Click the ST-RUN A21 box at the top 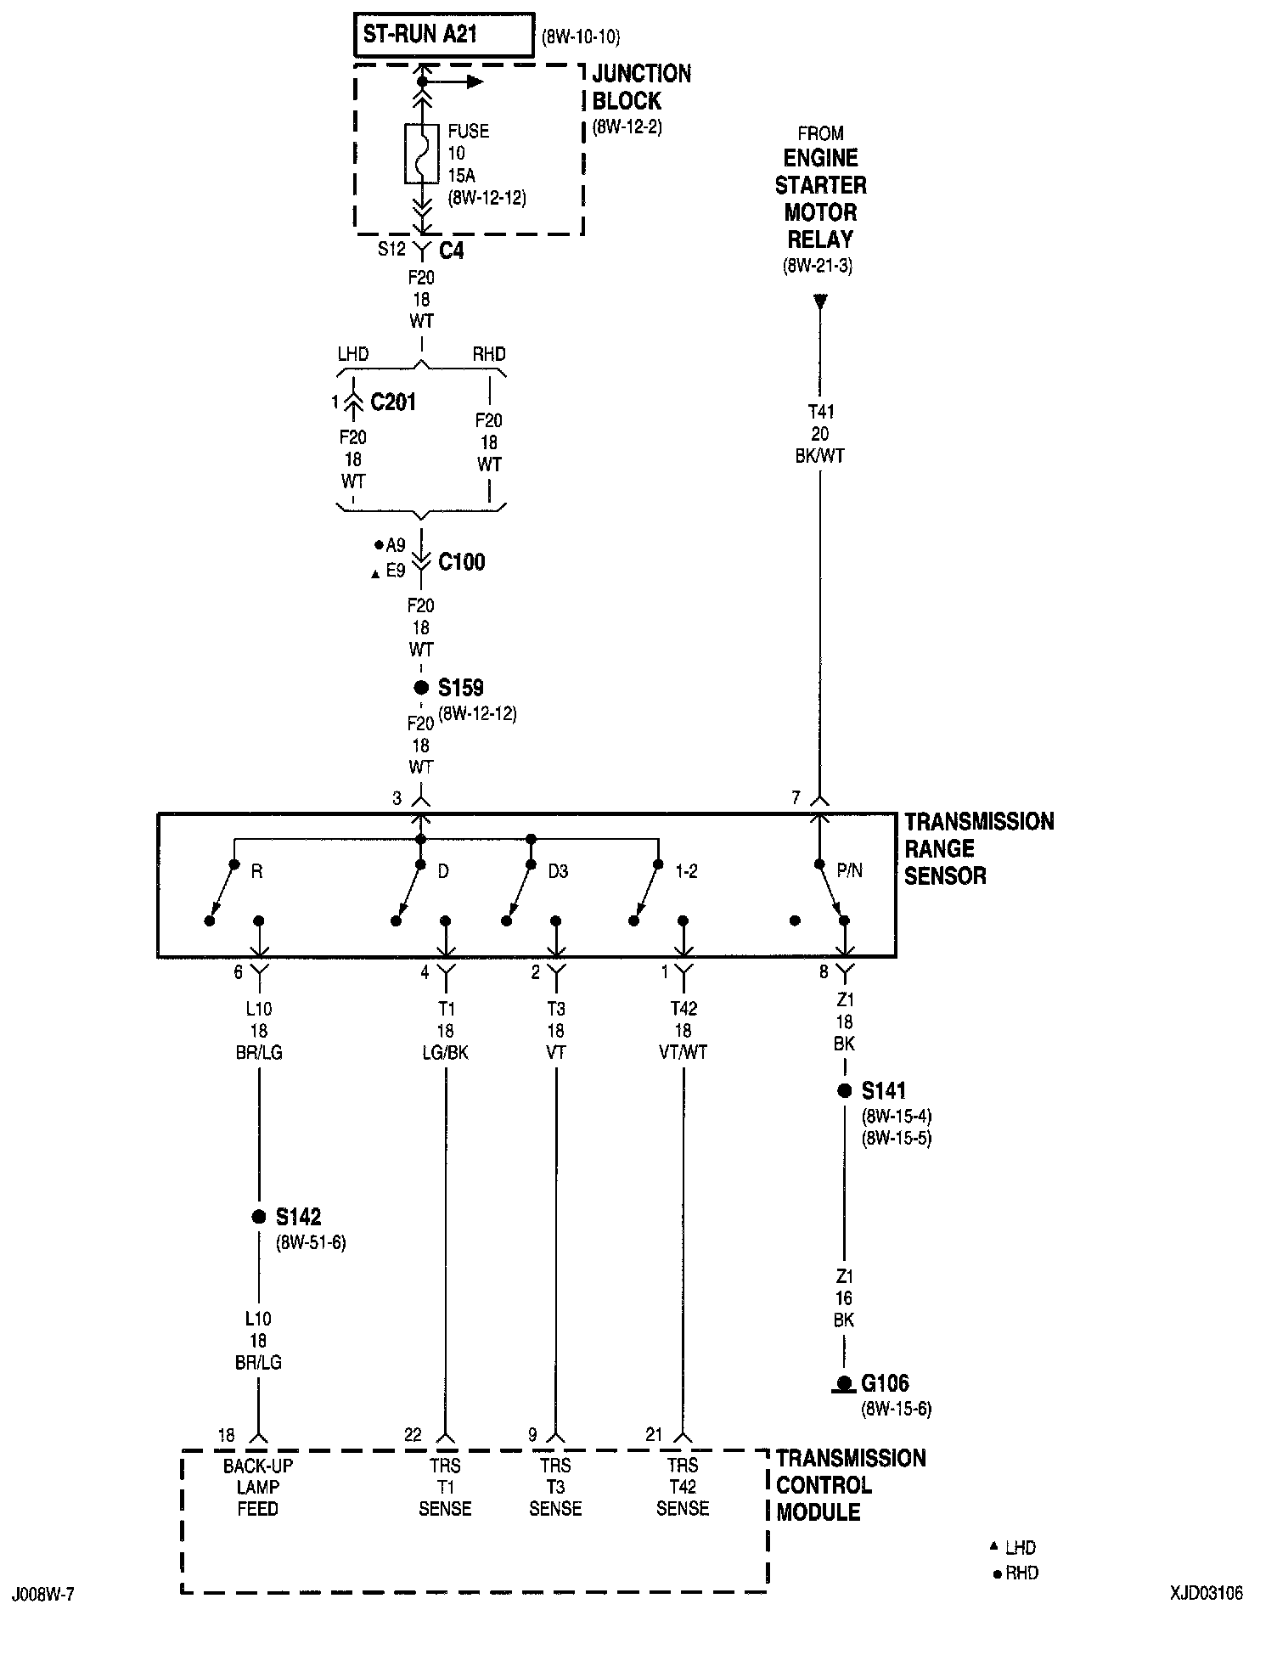443,35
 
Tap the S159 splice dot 420,688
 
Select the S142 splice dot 259,1217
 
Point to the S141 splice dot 844,1091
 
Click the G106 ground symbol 843,1384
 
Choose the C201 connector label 393,402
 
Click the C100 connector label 461,562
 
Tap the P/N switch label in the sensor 849,871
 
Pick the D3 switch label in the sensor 557,872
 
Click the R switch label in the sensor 256,872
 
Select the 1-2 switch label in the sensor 685,872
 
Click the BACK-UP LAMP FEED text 258,1487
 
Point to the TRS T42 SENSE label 683,1487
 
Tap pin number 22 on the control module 413,1435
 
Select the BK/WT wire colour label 820,456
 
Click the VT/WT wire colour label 683,1052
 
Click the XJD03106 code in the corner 1206,1593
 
